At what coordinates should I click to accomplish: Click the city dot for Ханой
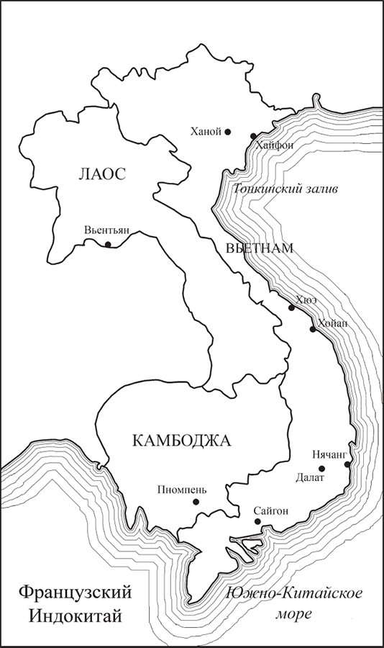point(227,132)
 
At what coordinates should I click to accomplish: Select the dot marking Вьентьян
point(108,245)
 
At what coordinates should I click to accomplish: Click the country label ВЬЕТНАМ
point(259,248)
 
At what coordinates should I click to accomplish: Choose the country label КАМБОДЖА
point(181,441)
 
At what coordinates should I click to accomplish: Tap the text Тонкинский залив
point(285,190)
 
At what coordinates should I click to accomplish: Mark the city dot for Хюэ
point(291,308)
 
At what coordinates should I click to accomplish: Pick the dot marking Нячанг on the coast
point(347,464)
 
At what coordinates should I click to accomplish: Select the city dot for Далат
point(321,469)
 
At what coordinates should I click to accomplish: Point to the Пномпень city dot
point(195,502)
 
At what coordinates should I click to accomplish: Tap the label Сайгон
point(271,510)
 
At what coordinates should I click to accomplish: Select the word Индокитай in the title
point(75,617)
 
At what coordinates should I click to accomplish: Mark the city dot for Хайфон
point(253,135)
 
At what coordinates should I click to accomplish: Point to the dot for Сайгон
point(257,521)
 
